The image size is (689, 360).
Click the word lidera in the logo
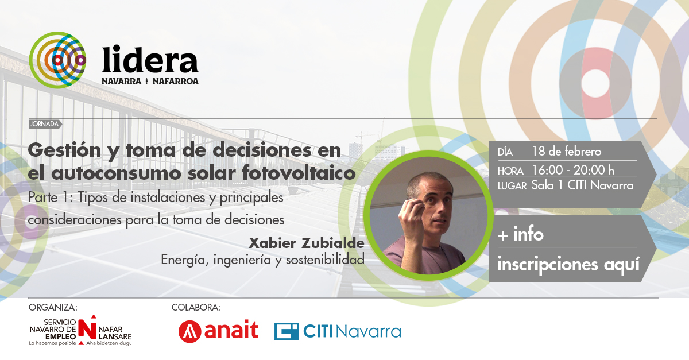coord(150,60)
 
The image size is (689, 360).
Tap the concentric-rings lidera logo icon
coord(57,59)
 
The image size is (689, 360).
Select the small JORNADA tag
coord(44,124)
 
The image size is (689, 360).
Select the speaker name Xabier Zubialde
coord(306,243)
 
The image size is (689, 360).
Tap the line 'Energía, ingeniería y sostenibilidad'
coord(262,260)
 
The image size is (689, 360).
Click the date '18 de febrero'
coord(566,152)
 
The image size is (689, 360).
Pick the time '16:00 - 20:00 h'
coord(572,169)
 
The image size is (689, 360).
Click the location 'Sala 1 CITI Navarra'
coord(582,185)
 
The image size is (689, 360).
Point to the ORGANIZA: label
coord(53,308)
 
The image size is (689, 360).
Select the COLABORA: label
coord(196,308)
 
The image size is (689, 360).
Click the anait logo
coord(218,331)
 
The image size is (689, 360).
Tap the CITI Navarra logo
coord(337,331)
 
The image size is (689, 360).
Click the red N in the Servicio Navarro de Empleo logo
coord(87,328)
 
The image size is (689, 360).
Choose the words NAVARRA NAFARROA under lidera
coord(150,81)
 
